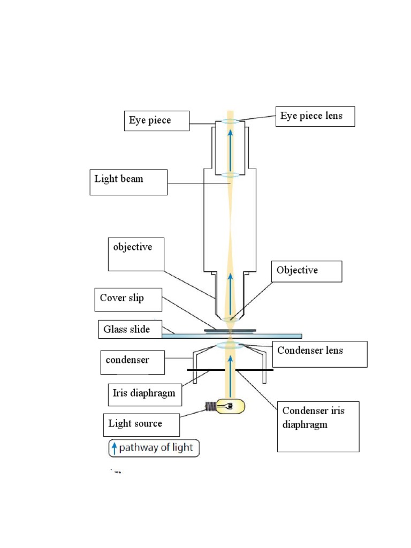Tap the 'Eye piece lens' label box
point(315,116)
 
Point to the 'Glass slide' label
point(127,330)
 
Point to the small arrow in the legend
point(114,448)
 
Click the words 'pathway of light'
point(156,448)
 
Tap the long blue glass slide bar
point(278,336)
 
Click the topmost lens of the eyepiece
point(231,122)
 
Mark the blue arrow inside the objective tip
point(231,294)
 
